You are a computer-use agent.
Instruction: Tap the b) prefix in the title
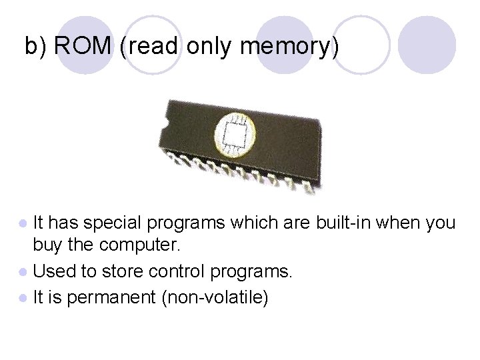[36, 46]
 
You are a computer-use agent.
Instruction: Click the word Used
[52, 271]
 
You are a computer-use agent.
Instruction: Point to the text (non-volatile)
[215, 297]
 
